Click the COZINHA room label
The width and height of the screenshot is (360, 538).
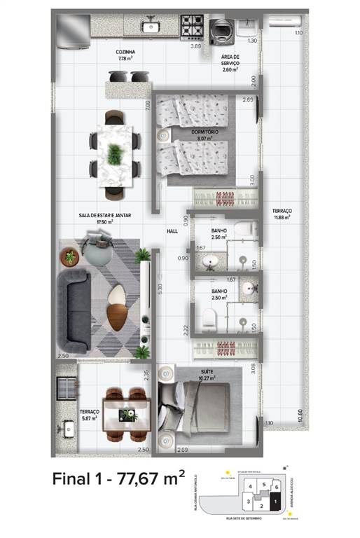127,53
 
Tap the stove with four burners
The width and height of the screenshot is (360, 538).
192,27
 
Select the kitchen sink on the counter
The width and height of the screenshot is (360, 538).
150,27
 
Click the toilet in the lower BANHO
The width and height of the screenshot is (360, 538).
209,320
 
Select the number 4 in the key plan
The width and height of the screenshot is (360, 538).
249,486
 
